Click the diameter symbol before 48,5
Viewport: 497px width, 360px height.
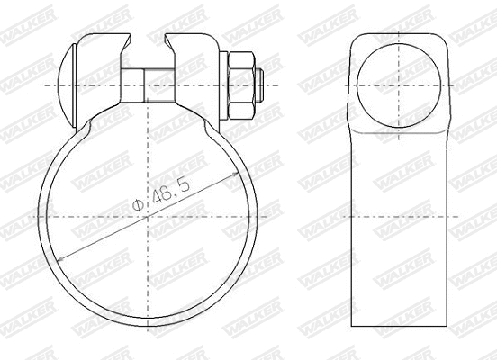click(137, 208)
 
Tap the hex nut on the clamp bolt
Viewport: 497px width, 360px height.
click(241, 85)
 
